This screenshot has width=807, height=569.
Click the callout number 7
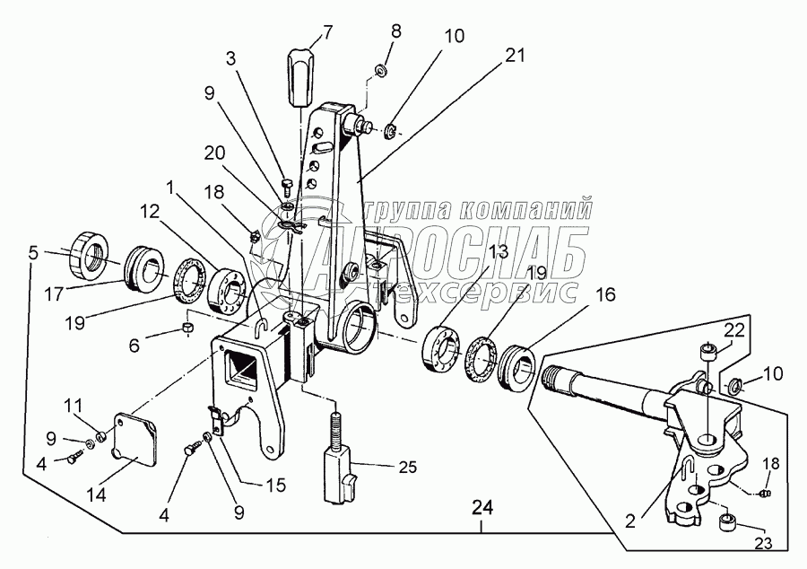[327, 33]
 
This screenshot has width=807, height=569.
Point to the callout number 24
[482, 509]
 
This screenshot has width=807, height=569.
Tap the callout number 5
[33, 253]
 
